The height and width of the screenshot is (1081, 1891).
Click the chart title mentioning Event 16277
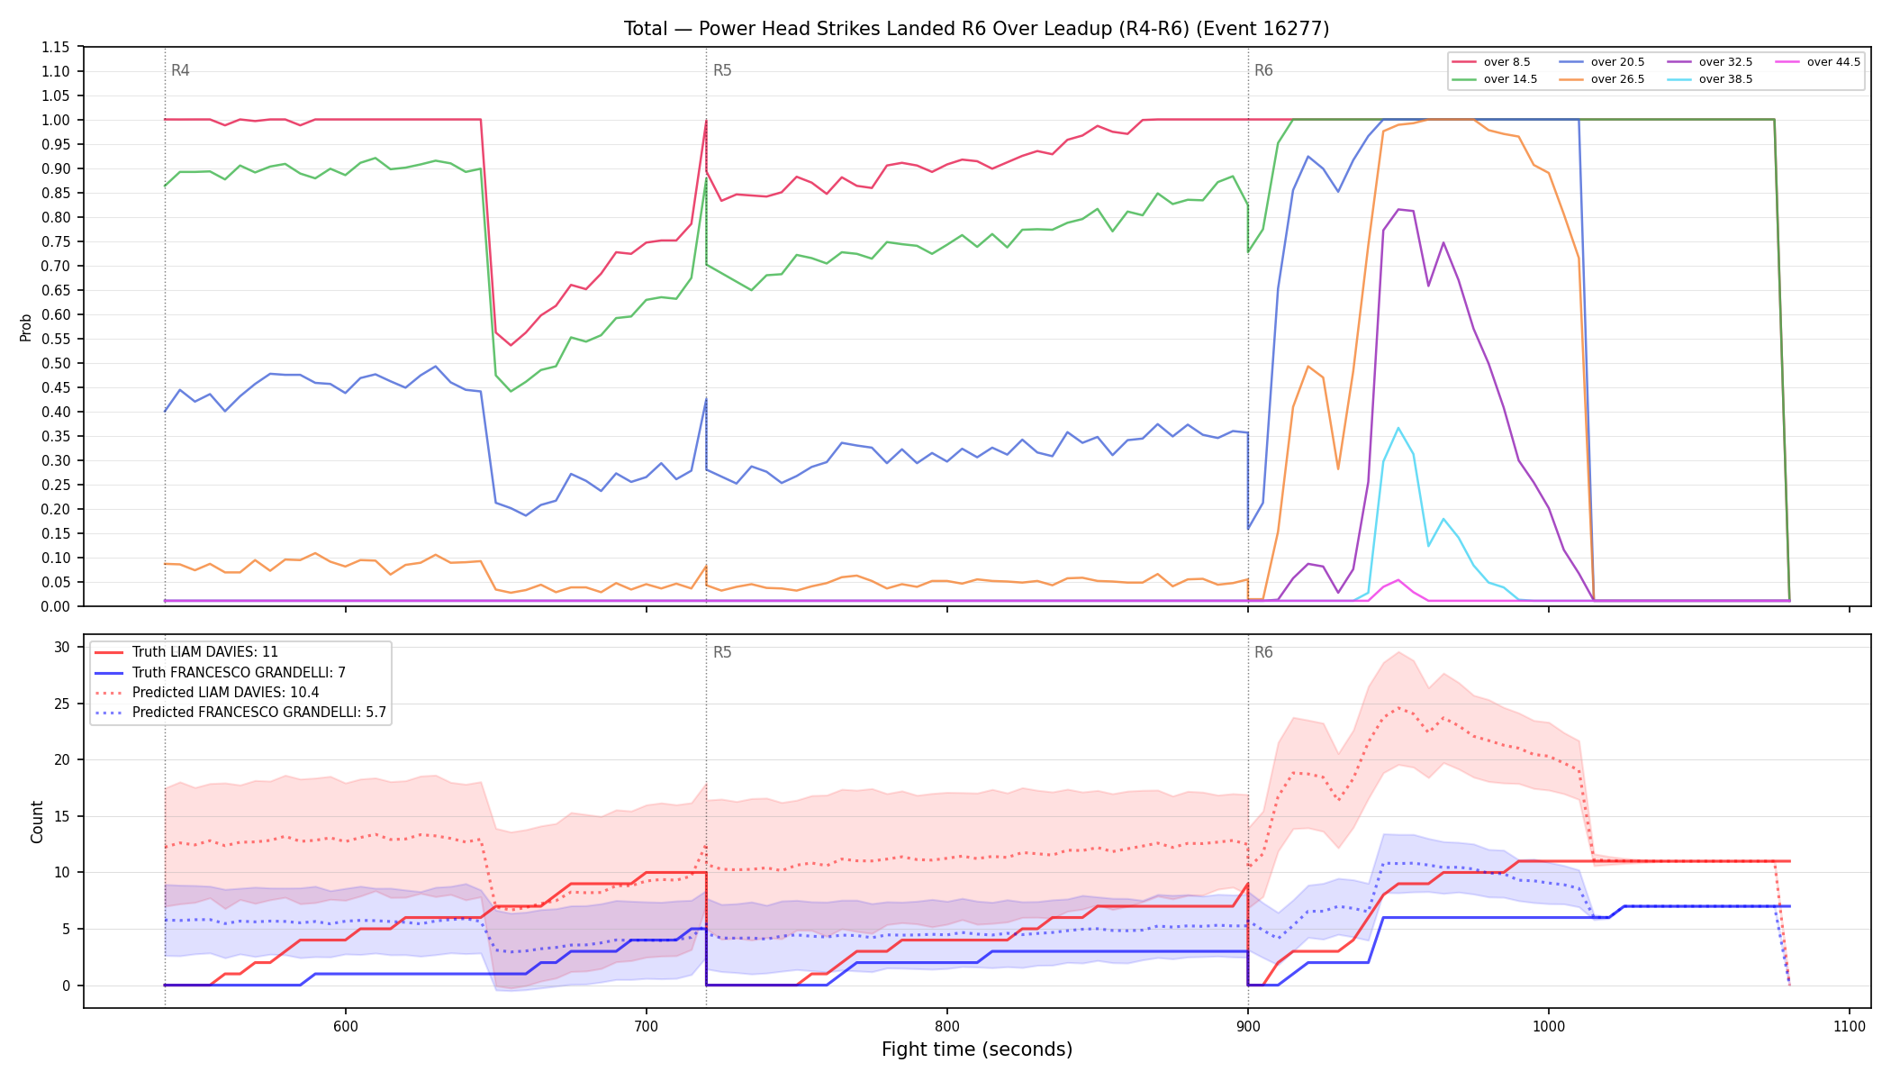[976, 29]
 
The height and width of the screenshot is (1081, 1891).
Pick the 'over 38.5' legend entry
[1709, 79]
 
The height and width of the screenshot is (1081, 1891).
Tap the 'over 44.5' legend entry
[1817, 62]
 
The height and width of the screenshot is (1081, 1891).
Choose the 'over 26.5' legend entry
[1601, 79]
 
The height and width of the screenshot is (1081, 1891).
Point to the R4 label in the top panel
[180, 70]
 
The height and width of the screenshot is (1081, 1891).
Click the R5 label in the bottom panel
[722, 652]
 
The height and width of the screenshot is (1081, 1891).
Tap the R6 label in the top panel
[1263, 70]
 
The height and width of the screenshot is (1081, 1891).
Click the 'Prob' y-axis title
[25, 327]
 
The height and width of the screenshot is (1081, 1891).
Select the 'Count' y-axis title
[37, 822]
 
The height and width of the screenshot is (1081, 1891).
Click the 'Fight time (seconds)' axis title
[977, 1049]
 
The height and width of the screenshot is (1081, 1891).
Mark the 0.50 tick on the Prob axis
[56, 363]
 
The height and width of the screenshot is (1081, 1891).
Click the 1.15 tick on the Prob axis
[56, 47]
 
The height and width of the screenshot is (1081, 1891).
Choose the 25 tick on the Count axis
[62, 704]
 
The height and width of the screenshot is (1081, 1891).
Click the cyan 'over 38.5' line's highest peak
[1398, 428]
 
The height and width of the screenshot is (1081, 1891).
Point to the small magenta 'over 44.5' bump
[1398, 580]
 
